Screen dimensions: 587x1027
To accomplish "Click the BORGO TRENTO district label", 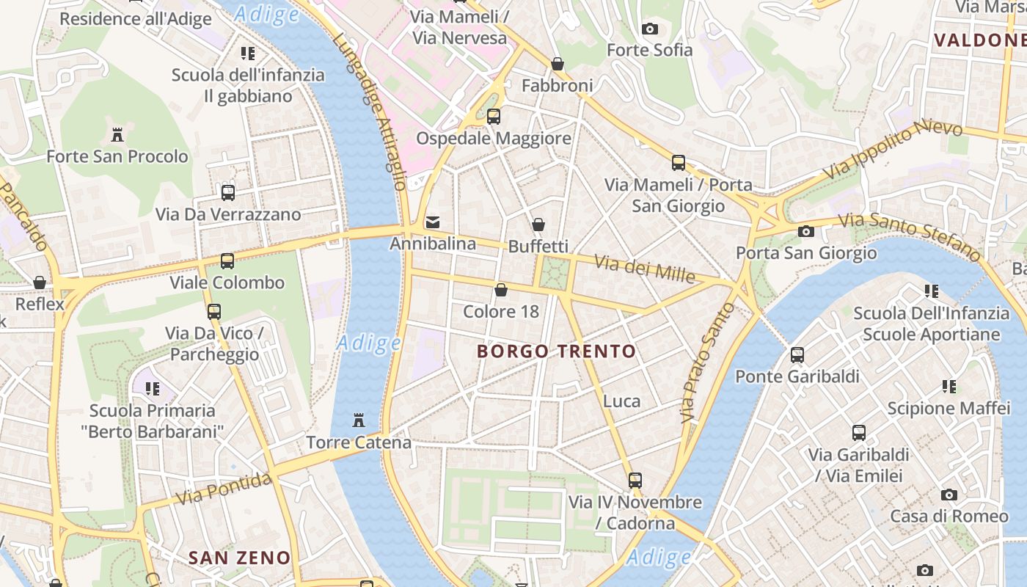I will coord(556,351).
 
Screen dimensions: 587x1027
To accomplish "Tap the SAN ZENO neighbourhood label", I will coord(239,558).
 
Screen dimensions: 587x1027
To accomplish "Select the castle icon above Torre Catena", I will coord(359,420).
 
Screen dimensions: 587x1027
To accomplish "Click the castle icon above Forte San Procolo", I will coord(117,134).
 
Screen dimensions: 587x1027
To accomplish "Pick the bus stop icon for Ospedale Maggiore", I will coord(494,116).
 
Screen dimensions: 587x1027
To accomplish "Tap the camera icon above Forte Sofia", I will coord(649,29).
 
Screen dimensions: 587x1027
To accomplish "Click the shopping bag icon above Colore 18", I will coord(501,290).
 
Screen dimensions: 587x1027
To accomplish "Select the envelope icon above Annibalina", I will coord(433,222).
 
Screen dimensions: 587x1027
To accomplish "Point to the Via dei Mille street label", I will coord(644,269).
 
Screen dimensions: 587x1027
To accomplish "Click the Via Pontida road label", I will coord(224,489).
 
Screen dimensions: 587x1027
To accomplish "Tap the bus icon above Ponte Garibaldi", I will coord(797,355).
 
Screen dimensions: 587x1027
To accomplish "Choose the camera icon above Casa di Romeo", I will coord(949,495).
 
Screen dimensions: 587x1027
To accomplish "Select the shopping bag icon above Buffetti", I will coord(538,225).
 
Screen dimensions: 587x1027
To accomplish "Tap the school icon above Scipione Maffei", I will coord(949,386).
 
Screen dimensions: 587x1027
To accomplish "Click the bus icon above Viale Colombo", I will coord(227,260).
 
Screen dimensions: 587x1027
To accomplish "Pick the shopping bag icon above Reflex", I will coord(40,282).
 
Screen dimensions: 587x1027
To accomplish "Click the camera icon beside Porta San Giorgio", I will coord(806,232).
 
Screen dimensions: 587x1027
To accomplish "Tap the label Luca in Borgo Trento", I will coord(621,401).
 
